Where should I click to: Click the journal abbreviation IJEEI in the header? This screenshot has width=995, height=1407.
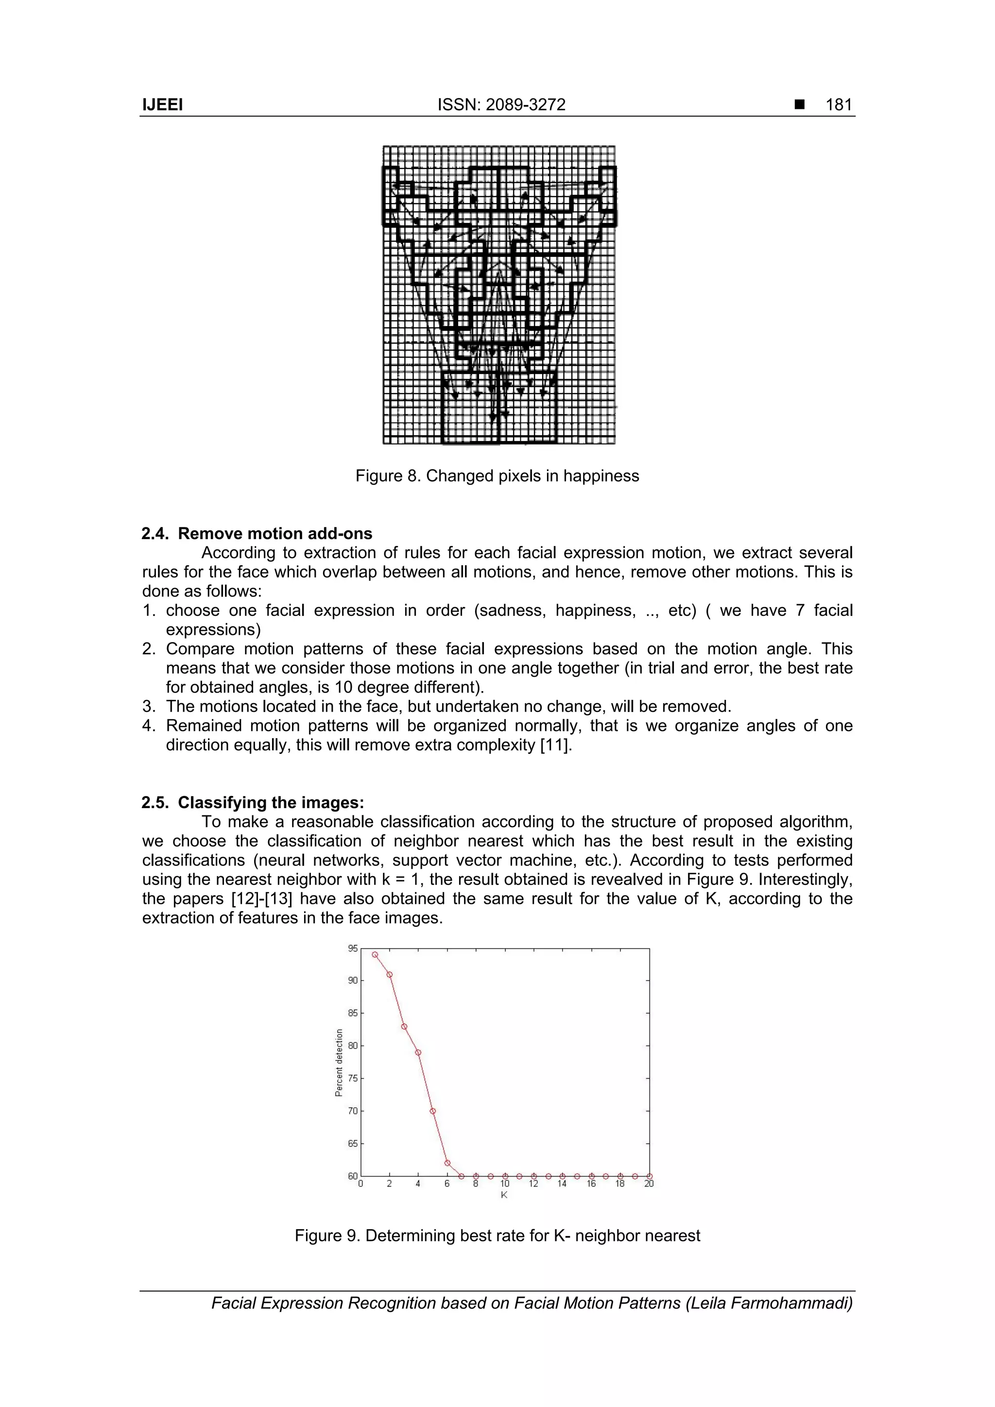point(162,105)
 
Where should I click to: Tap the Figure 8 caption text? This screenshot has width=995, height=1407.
point(497,475)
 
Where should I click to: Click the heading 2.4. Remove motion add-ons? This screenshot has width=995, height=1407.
point(257,533)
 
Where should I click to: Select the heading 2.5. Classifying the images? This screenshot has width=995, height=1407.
point(253,802)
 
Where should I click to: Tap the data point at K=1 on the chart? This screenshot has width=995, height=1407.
point(375,955)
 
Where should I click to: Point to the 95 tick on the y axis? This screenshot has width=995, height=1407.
point(353,949)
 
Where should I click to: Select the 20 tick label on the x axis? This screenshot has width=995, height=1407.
point(649,1184)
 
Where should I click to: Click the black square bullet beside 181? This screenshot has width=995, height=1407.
point(799,105)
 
